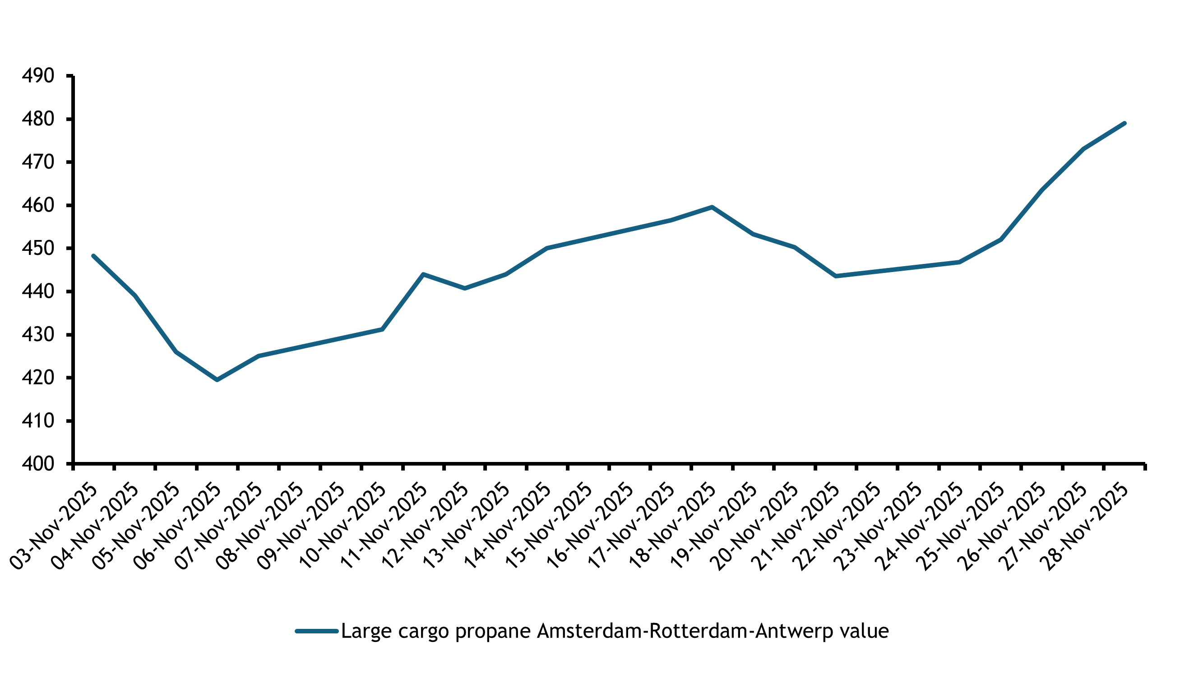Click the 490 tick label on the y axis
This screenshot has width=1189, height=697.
coord(38,75)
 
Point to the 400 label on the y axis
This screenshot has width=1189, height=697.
coord(38,464)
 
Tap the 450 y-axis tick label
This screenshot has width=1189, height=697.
coord(38,248)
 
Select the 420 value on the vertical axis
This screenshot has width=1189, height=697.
coord(38,378)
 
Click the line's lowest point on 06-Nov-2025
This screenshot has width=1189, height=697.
coord(217,379)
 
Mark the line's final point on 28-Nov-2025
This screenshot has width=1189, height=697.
coord(1124,124)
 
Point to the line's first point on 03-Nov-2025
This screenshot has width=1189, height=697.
coord(93,256)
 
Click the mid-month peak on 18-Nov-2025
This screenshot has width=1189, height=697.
coord(712,207)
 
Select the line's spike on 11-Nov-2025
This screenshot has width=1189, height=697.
coord(423,274)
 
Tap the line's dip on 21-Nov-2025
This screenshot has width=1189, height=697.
coord(836,277)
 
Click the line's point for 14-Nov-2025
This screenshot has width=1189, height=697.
coord(547,248)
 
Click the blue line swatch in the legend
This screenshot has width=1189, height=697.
coord(317,631)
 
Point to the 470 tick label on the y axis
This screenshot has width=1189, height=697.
coord(38,162)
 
